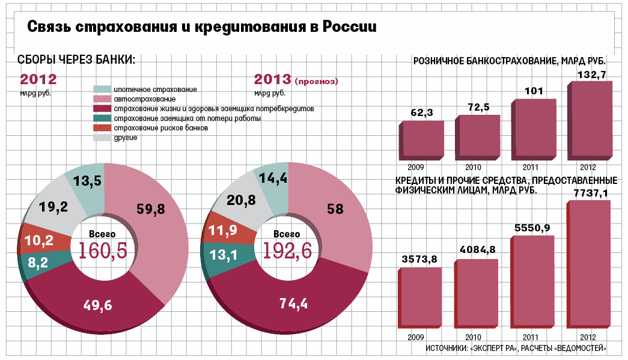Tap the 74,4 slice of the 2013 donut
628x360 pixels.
click(x=294, y=303)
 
